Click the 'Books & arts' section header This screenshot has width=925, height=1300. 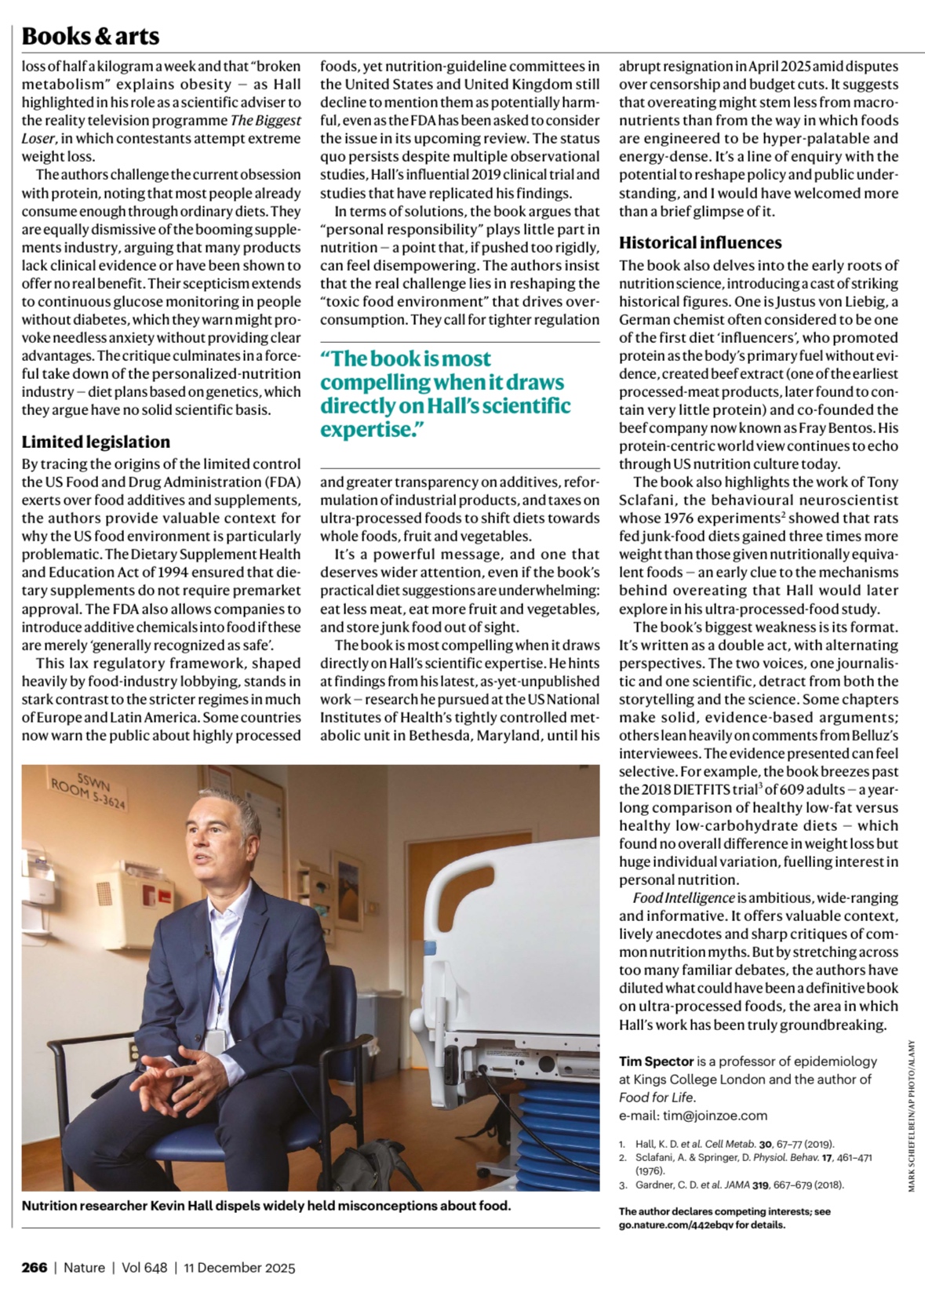[x=90, y=36]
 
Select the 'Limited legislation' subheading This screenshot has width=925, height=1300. [x=96, y=442]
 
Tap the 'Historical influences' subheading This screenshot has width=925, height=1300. [x=700, y=242]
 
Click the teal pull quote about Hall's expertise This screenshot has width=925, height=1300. [x=445, y=394]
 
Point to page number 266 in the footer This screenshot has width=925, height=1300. [x=34, y=1267]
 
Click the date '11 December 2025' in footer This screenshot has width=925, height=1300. [x=239, y=1267]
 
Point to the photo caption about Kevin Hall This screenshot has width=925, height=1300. [x=266, y=1205]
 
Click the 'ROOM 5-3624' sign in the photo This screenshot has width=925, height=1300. [x=89, y=793]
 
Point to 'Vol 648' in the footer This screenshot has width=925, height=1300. [x=144, y=1267]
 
